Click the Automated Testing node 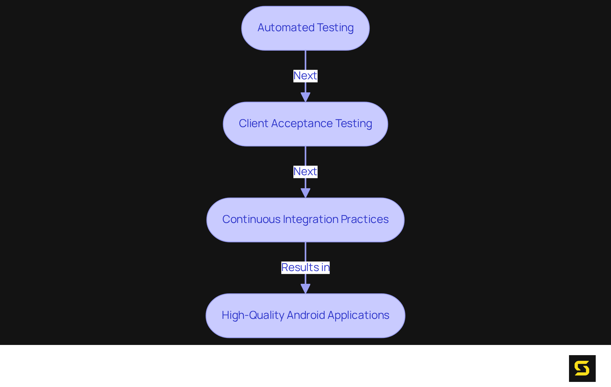(305, 28)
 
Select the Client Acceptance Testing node (305, 124)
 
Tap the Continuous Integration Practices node (305, 220)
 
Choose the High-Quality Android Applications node (305, 316)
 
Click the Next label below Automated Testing (305, 76)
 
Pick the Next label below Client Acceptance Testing (305, 172)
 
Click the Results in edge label (305, 268)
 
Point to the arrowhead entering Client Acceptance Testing (305, 97)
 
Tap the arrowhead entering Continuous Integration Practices (305, 193)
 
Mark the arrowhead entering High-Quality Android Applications (305, 289)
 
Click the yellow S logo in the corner (582, 368)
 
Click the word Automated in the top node (286, 28)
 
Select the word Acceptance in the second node (302, 124)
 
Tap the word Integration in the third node (311, 219)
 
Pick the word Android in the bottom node (306, 315)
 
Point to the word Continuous (251, 219)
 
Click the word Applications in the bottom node (358, 315)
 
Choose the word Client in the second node (253, 124)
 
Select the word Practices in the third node (365, 219)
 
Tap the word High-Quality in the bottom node (253, 315)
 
